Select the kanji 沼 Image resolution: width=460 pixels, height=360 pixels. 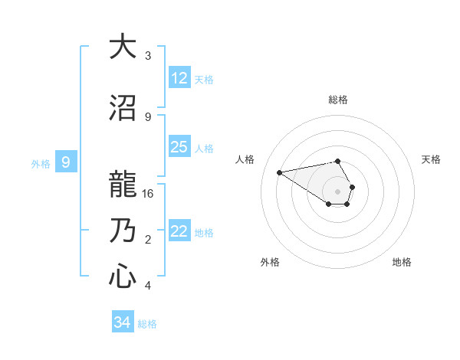(x=122, y=108)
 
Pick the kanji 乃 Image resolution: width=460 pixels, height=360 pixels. (x=122, y=231)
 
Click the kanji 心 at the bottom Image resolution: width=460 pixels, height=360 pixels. (x=122, y=276)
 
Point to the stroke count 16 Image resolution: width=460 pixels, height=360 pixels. (x=148, y=194)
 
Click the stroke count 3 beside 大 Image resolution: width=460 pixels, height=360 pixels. (x=148, y=56)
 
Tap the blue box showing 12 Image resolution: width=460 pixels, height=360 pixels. (x=179, y=78)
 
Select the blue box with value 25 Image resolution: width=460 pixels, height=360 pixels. (x=179, y=147)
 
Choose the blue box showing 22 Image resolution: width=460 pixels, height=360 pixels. (x=179, y=231)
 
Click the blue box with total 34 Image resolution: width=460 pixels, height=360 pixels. (x=122, y=322)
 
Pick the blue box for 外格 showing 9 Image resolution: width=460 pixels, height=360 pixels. (x=66, y=162)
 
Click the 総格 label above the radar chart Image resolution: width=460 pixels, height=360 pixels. (x=338, y=100)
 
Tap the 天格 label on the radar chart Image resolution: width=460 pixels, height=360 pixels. (x=432, y=159)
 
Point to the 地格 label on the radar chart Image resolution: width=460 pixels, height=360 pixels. (x=402, y=262)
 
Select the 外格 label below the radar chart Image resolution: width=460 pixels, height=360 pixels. (x=270, y=262)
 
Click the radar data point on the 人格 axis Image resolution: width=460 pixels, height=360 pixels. (x=279, y=172)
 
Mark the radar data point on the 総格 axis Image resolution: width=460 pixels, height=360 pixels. (x=338, y=161)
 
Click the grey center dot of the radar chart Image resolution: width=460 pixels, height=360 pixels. (x=338, y=191)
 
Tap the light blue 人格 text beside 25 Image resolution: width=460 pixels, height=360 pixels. (x=204, y=148)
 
